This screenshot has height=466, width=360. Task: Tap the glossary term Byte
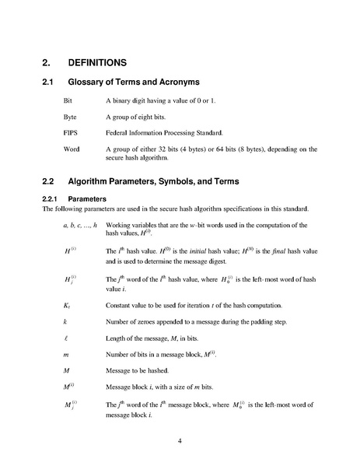pyautogui.click(x=70, y=117)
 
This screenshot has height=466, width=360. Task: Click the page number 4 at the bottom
pyautogui.click(x=180, y=440)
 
